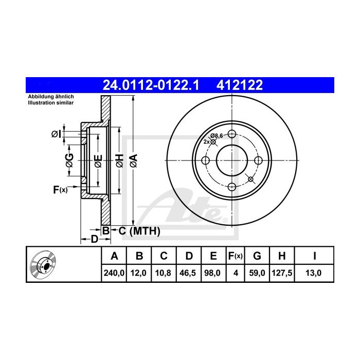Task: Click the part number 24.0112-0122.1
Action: (x=151, y=85)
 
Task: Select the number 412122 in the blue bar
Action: (x=240, y=85)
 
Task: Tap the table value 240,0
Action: (x=114, y=273)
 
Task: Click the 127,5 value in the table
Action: (x=282, y=273)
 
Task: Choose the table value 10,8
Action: (x=163, y=273)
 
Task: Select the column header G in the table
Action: (x=257, y=256)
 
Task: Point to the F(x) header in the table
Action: (x=236, y=256)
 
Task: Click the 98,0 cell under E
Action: (x=212, y=273)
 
